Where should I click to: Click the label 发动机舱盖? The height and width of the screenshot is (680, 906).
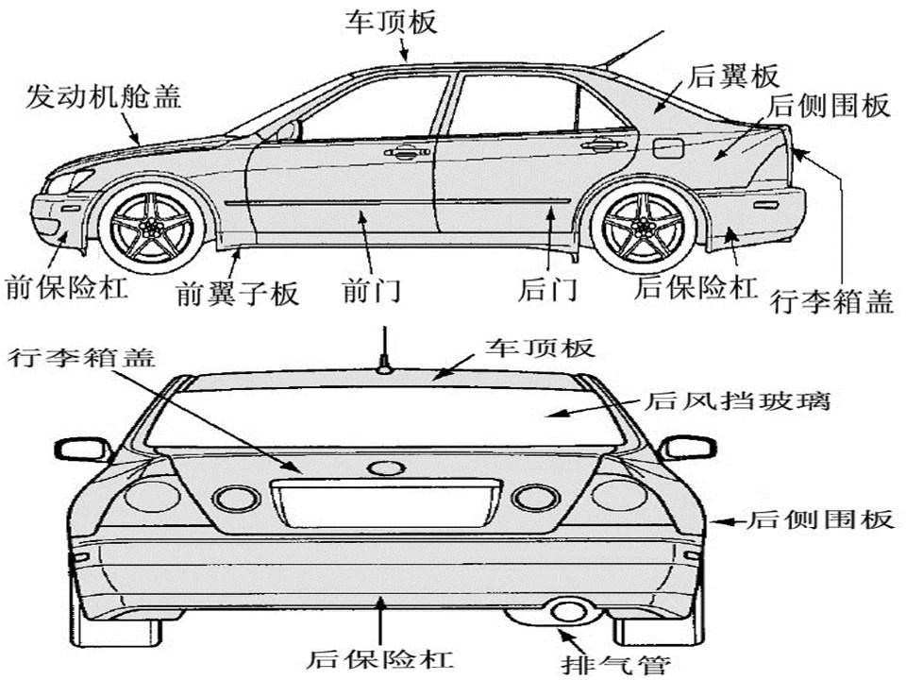click(104, 95)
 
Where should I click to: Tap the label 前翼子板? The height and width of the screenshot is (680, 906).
click(238, 293)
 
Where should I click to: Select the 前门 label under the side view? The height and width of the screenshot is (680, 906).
click(372, 290)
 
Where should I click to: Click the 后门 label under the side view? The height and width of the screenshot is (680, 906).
click(547, 290)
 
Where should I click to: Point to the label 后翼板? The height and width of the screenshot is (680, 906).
click(733, 76)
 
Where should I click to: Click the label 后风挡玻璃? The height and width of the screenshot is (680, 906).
click(738, 399)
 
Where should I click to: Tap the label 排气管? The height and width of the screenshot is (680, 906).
click(616, 665)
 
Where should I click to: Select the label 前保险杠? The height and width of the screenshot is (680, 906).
click(66, 287)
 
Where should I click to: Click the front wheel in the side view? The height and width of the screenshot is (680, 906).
click(151, 227)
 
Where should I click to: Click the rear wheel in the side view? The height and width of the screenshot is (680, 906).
click(643, 226)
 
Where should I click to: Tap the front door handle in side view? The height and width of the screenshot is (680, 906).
click(408, 152)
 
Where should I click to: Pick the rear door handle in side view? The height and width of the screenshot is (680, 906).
click(603, 144)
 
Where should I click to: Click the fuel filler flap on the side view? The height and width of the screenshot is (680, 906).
click(668, 148)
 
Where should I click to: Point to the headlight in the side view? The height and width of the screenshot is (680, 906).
click(68, 181)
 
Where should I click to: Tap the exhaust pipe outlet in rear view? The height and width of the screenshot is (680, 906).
click(568, 612)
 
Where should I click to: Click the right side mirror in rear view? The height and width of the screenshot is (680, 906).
click(688, 448)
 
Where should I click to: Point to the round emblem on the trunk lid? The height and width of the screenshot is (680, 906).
click(386, 467)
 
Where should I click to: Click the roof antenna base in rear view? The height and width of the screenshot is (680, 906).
click(384, 367)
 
